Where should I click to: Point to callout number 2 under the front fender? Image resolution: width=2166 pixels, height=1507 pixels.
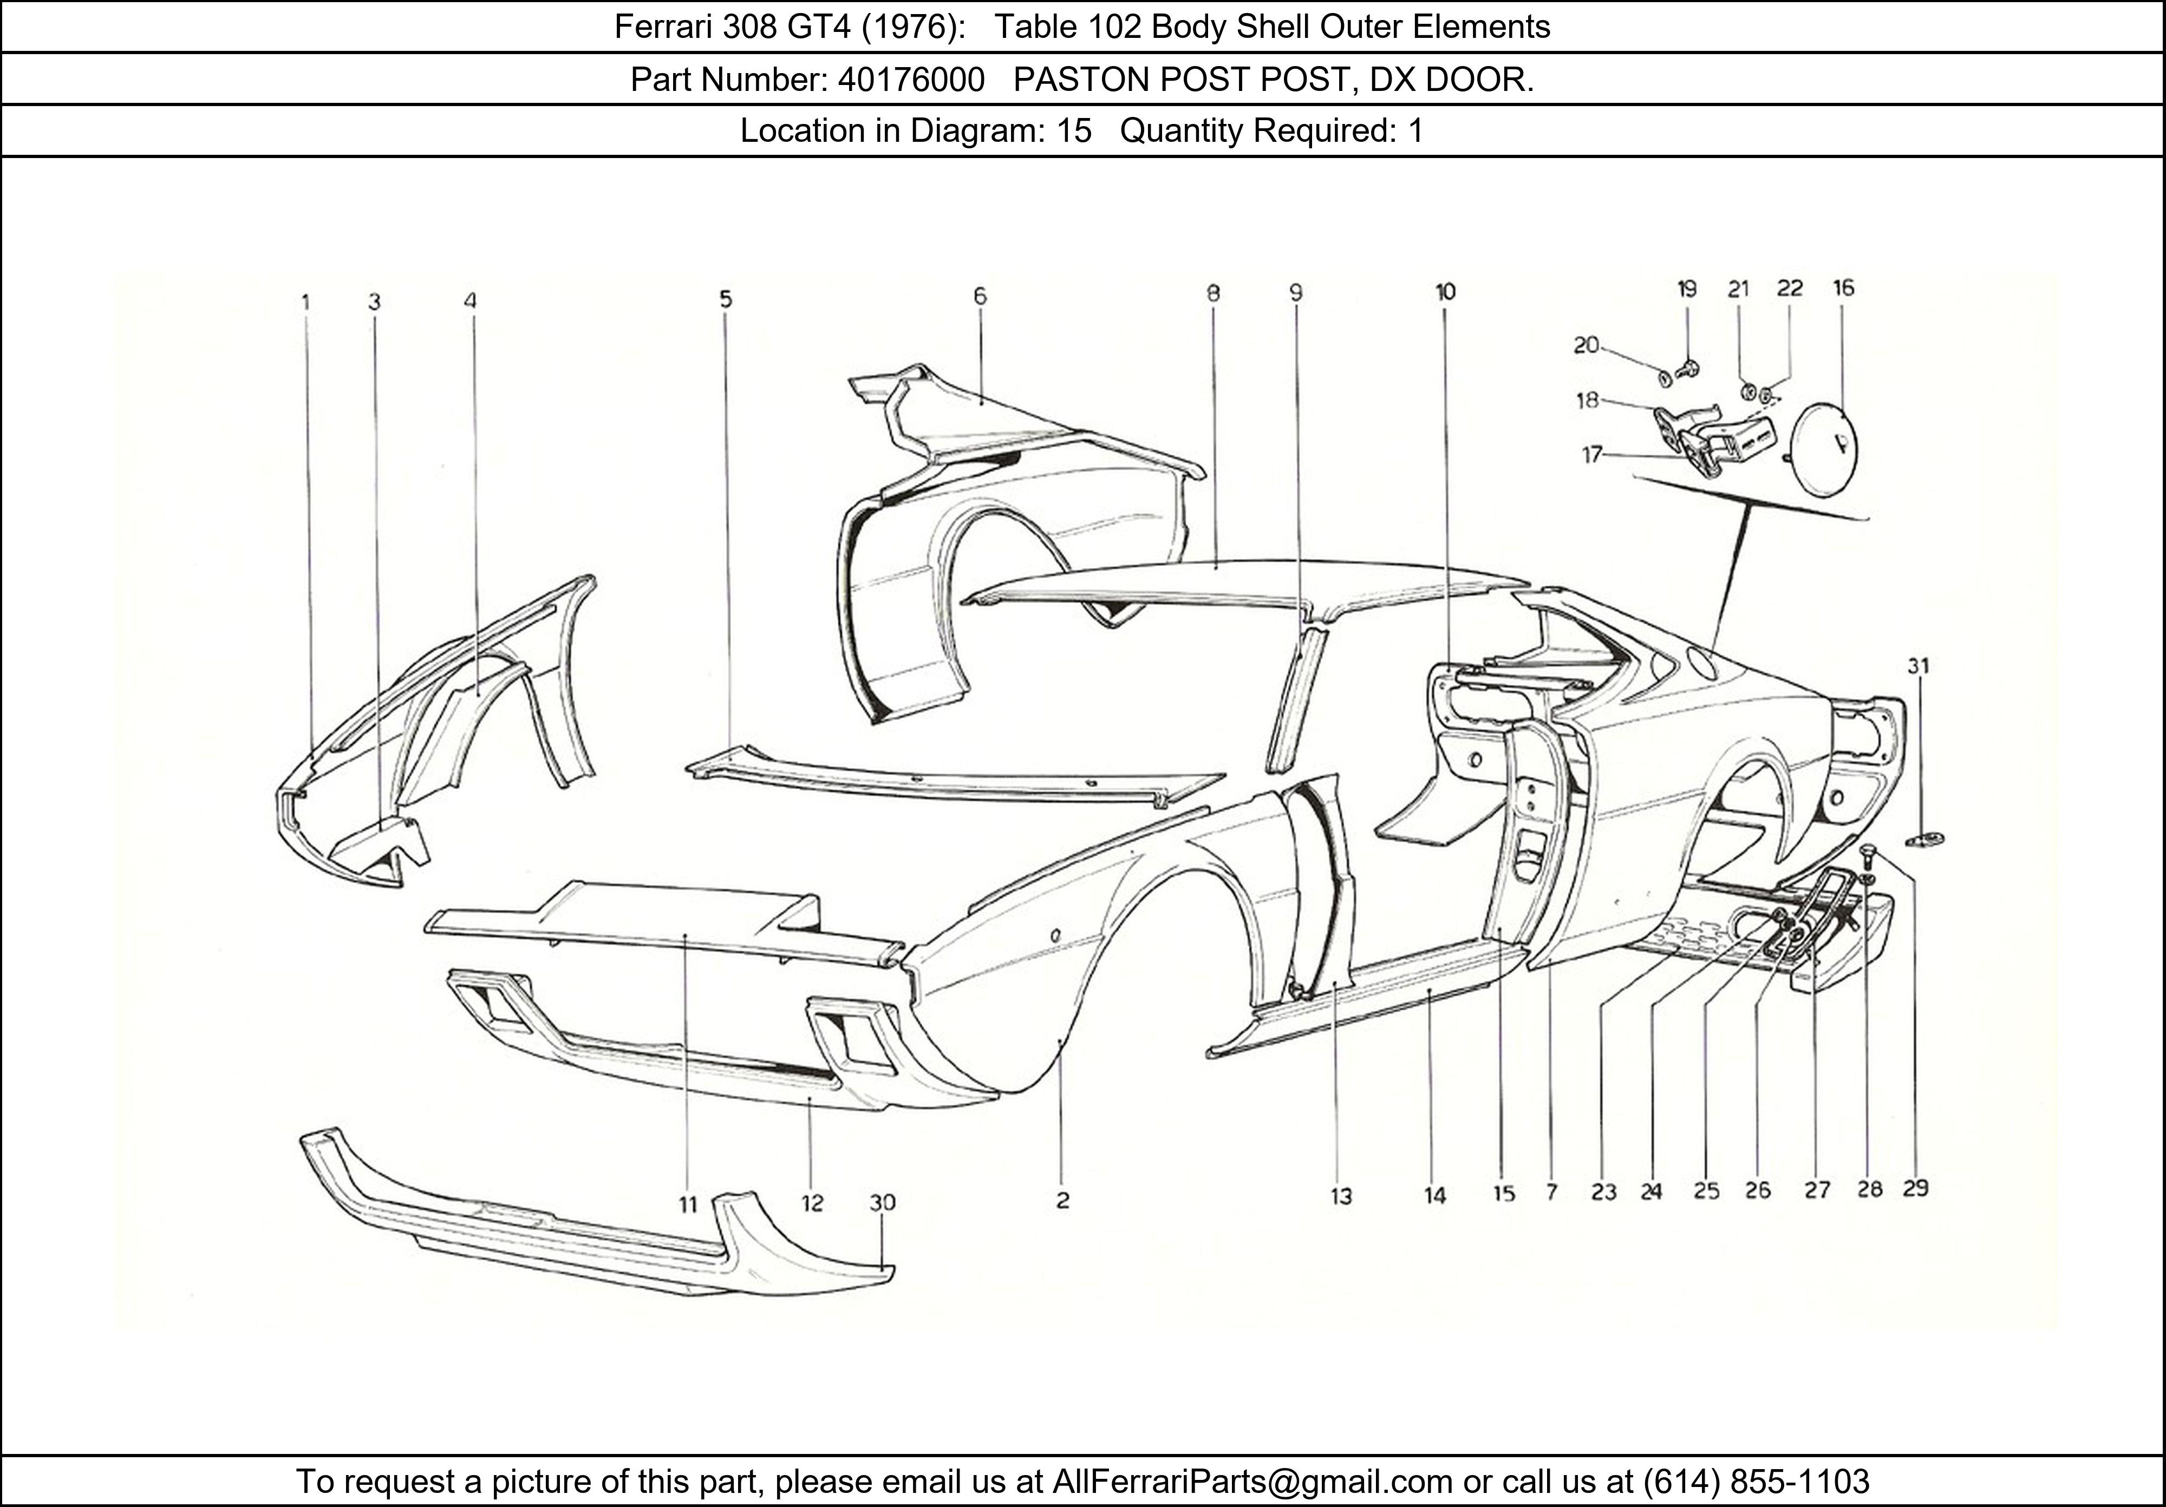(1062, 1201)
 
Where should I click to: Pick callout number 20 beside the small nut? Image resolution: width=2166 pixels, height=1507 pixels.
(1586, 345)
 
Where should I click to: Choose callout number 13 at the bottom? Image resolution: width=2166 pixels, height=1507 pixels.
(1341, 1197)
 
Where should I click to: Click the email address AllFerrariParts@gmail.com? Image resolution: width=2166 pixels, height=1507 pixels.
(1252, 1482)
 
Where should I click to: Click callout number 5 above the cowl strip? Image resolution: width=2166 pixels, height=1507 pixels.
(725, 299)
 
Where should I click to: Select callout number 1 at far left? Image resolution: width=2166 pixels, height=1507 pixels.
(305, 302)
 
